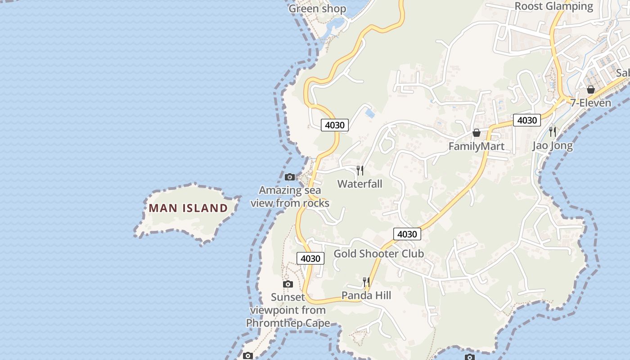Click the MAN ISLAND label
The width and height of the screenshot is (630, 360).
pos(188,208)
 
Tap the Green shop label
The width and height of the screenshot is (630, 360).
pos(317,9)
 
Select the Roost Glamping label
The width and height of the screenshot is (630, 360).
pos(554,6)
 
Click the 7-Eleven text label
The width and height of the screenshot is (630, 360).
pos(591,103)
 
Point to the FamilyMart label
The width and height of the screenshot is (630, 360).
pos(476,146)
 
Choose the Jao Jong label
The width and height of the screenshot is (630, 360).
pos(553,145)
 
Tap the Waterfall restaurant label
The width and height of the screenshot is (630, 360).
pos(360,184)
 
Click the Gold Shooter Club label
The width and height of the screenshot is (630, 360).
pos(378,254)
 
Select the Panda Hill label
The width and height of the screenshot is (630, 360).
pos(366,295)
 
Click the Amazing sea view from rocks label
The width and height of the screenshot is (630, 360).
pos(290,197)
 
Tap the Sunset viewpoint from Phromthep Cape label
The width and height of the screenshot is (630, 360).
pos(288,310)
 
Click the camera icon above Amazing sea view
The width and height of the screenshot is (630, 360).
pos(290,177)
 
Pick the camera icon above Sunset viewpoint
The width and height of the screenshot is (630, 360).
pos(288,284)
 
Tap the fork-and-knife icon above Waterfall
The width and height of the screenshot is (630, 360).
pos(360,170)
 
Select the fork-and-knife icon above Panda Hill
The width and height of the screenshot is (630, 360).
pos(366,282)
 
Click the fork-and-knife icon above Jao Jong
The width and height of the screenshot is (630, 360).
pos(553,131)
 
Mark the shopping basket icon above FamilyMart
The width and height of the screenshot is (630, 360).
pos(476,133)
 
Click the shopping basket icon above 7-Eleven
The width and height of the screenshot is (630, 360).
pos(591,90)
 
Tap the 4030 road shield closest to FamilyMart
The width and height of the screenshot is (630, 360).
pos(527,120)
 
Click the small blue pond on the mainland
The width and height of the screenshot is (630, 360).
pos(370,113)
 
